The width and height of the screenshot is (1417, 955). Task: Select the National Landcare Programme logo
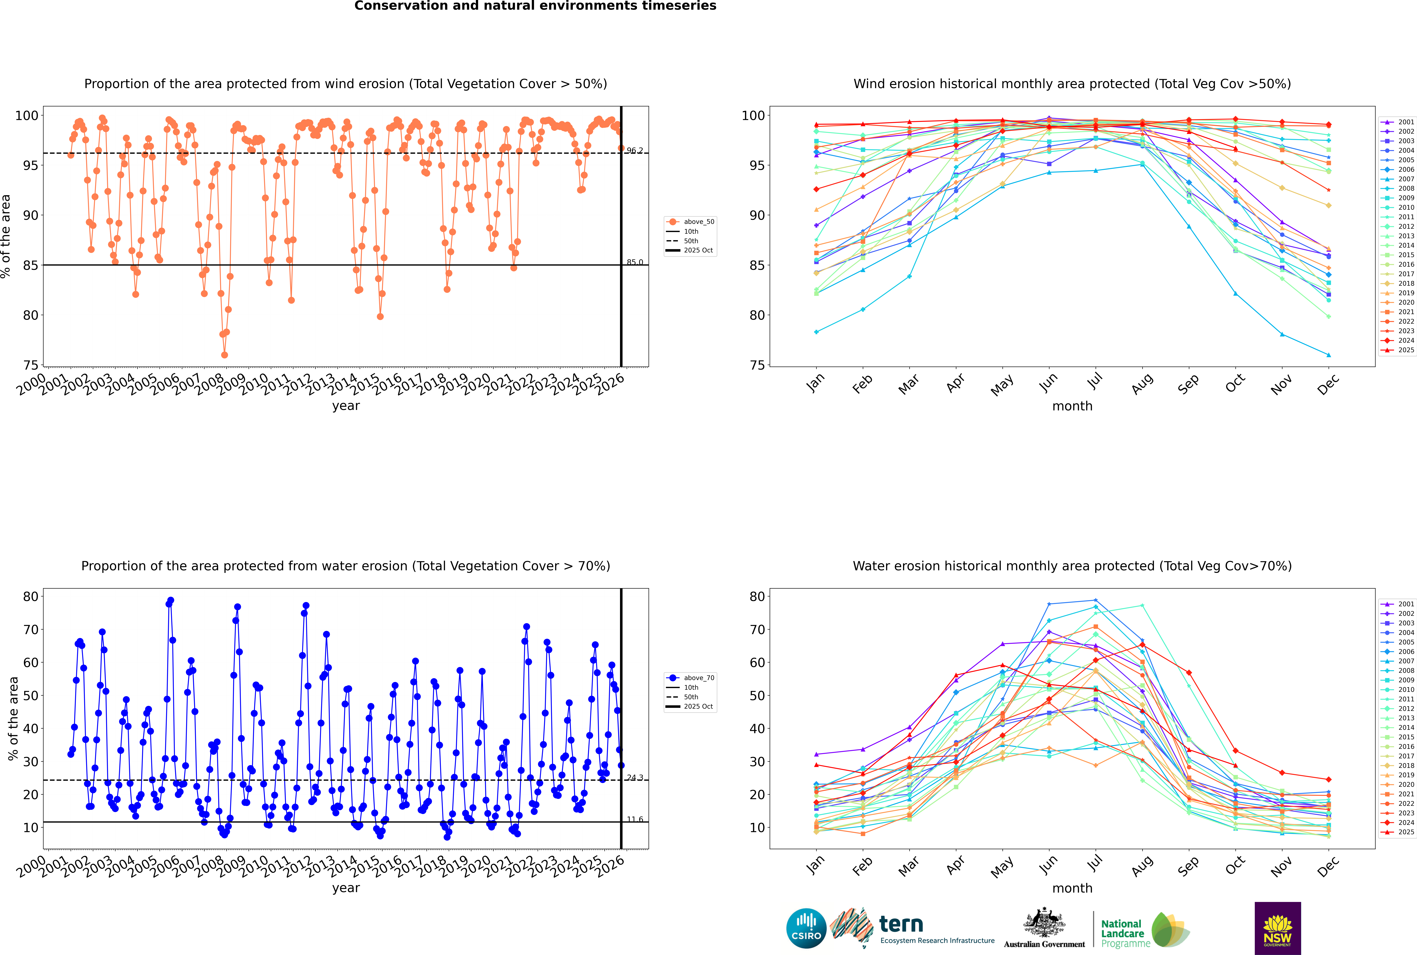[1144, 930]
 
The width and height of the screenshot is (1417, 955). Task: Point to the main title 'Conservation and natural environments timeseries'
[535, 6]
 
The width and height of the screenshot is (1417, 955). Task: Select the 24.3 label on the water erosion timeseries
[635, 778]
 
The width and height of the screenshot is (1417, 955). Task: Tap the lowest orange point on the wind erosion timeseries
[224, 355]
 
